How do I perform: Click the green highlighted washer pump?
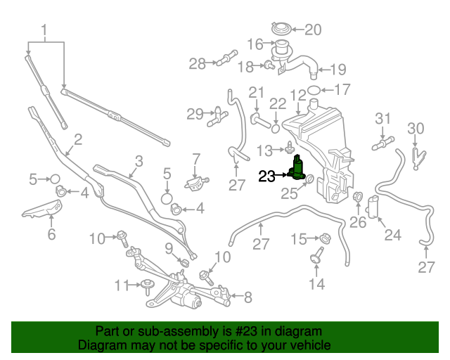pos(298,169)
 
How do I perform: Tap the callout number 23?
pos(267,177)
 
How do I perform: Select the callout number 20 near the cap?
pos(311,30)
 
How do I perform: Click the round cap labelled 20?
pos(280,30)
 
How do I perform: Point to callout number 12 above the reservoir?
pos(298,94)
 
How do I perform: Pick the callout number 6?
pos(51,234)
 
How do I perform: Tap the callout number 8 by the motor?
pos(247,297)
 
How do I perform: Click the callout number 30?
pos(416,128)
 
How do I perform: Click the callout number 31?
pos(382,117)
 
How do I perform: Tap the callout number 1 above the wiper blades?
pos(45,31)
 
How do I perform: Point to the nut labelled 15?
pos(326,238)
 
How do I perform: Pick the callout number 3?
pos(139,161)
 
